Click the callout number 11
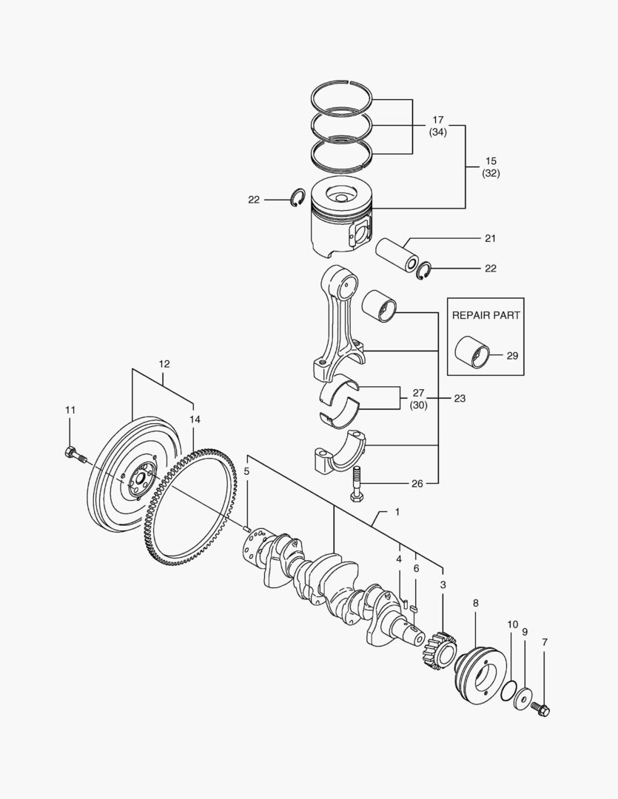point(70,410)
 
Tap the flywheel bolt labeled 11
point(73,454)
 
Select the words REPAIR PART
point(486,314)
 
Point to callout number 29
point(512,356)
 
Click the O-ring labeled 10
point(508,691)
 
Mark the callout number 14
point(194,419)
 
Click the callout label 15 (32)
point(490,166)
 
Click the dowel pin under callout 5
point(248,528)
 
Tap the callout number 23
point(460,399)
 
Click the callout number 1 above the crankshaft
point(397,512)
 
